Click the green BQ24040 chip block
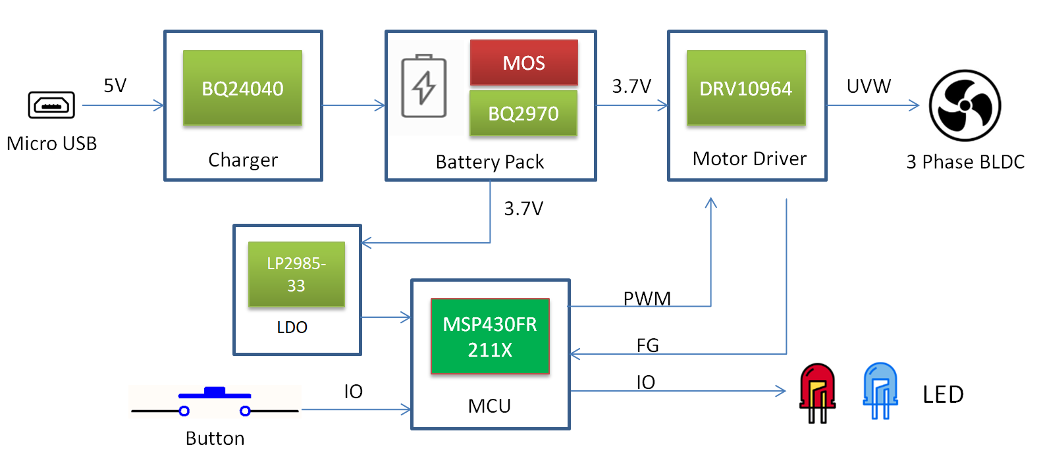click(x=242, y=88)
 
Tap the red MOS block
click(x=523, y=63)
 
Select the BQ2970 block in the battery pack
click(x=523, y=113)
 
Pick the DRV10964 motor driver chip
click(x=745, y=88)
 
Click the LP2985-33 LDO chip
click(x=296, y=274)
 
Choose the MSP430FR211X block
click(x=490, y=336)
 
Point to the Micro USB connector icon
click(x=51, y=105)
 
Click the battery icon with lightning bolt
click(x=424, y=86)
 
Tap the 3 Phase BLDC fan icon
click(x=965, y=105)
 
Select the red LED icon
click(x=817, y=392)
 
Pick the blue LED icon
click(x=880, y=391)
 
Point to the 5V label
click(x=115, y=86)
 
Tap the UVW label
click(x=869, y=86)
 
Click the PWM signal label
click(x=647, y=299)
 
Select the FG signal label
click(x=647, y=346)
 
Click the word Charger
click(x=243, y=160)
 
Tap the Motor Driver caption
click(x=749, y=159)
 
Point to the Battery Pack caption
click(x=490, y=162)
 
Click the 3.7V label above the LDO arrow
click(x=523, y=209)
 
